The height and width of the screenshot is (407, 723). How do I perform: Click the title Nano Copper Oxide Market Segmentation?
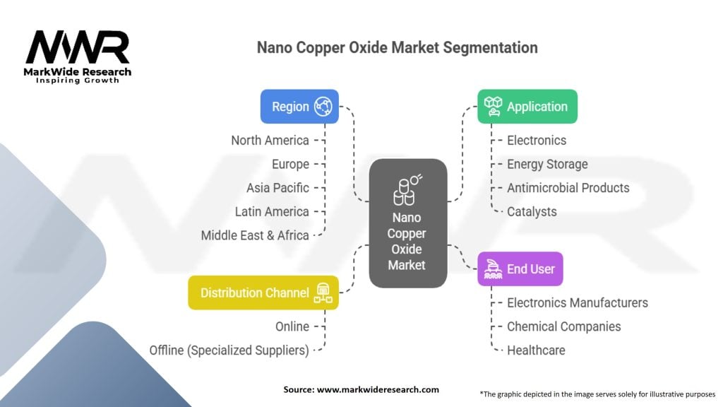(397, 47)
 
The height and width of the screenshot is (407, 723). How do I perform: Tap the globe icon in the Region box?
(323, 107)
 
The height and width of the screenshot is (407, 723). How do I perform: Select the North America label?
(270, 141)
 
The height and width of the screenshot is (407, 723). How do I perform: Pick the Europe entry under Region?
(290, 165)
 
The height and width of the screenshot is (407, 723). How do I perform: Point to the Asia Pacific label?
(277, 188)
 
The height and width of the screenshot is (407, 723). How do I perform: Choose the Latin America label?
(272, 211)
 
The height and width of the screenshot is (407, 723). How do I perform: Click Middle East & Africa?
(255, 235)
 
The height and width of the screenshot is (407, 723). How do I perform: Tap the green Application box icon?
(494, 107)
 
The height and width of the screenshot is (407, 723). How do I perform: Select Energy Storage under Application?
(547, 165)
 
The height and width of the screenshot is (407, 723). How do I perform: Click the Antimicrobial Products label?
(568, 188)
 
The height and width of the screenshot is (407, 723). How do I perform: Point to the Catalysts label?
(532, 211)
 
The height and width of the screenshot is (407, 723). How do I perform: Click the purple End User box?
(520, 269)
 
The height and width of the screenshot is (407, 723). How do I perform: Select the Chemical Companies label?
(563, 326)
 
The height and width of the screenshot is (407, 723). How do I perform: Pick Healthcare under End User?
(536, 350)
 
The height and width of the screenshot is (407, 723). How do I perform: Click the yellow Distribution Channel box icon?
(323, 293)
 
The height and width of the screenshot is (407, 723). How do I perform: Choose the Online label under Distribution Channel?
(292, 326)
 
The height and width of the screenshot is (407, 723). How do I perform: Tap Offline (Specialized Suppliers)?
(229, 350)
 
